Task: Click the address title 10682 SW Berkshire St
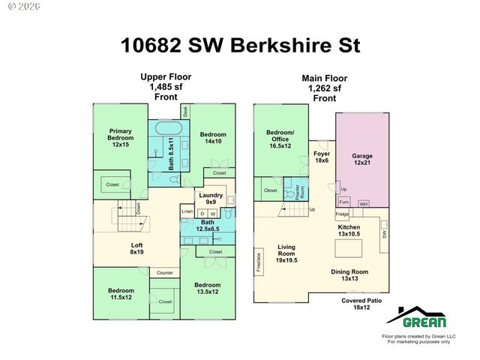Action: point(240,46)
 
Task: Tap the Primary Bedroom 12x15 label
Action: point(121,137)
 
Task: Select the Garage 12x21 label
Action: point(362,160)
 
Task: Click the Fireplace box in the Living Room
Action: point(257,259)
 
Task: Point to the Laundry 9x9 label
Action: point(210,198)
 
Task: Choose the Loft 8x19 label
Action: point(136,248)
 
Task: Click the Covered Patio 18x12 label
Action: point(362,303)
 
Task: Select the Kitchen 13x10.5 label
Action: point(350,230)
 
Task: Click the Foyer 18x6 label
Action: point(322,157)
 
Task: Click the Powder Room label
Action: point(298,190)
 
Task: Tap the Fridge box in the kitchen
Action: point(342,214)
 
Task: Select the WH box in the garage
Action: point(363,203)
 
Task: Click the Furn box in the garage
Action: point(344,202)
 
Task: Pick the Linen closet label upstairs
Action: point(187,212)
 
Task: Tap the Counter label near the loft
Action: point(165,272)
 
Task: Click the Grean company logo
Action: point(424,319)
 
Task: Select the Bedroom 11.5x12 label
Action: point(120,294)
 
